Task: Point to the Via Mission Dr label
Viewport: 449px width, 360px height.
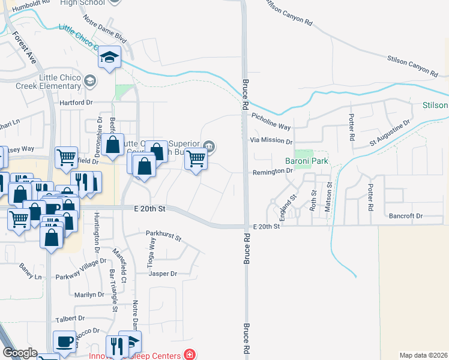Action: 271,142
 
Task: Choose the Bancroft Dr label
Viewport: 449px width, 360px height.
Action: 406,215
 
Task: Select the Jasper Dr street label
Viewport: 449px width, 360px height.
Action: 163,274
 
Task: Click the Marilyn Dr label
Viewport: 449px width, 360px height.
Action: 89,295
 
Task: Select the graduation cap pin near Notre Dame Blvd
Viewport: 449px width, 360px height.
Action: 110,57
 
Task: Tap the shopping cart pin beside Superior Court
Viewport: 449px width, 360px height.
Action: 196,159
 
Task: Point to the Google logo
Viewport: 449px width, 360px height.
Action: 20,353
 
